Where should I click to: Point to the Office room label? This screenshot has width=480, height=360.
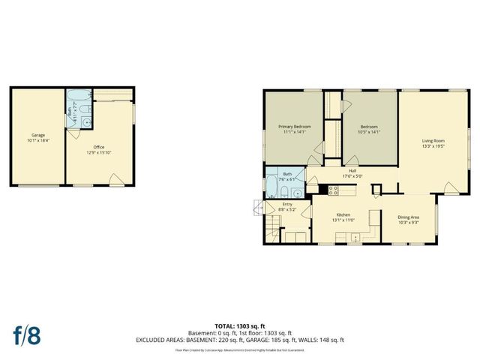point(98,147)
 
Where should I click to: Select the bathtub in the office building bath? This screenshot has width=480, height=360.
point(77,95)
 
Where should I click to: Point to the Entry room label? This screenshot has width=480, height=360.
point(286,203)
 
